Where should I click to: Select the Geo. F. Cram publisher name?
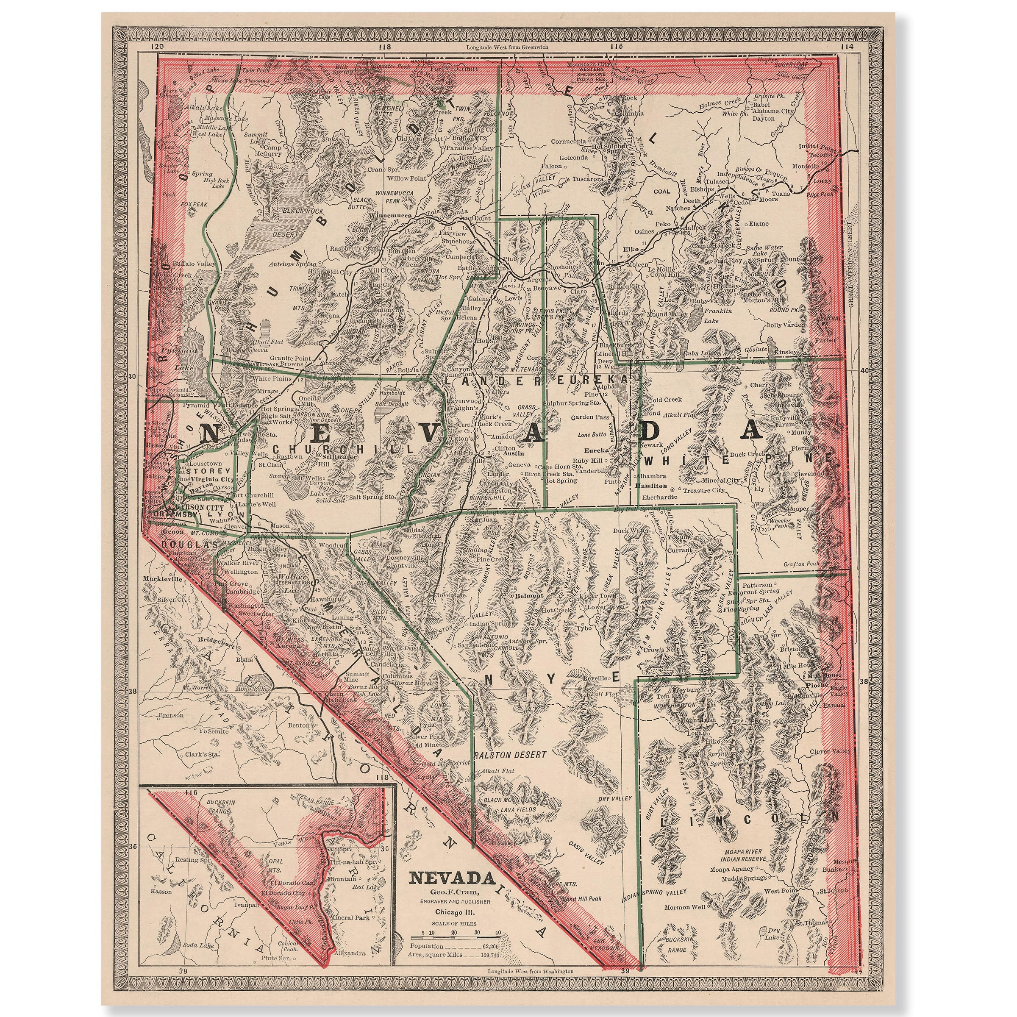(x=453, y=891)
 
